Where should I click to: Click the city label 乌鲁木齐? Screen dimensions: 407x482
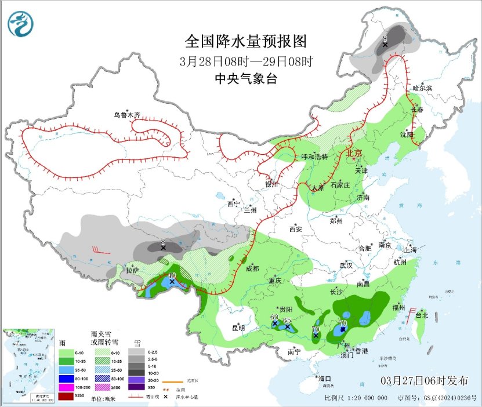coord(126,115)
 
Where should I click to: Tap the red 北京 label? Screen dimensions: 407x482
coord(354,153)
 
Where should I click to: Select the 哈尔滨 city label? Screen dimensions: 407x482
coord(422,88)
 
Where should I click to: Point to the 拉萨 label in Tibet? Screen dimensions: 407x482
coord(132,270)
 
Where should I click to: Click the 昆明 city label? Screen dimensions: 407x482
coord(238,328)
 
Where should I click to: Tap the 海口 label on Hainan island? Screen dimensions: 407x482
coord(324,379)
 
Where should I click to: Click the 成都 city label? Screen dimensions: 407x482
coord(252,268)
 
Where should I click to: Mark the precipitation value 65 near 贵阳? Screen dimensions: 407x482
coord(287,320)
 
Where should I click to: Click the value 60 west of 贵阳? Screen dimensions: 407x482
coord(274,317)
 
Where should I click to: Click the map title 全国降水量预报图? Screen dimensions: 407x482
coord(245,41)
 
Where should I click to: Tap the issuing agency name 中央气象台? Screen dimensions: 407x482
coord(245,79)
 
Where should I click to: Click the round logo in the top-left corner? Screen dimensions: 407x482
coord(20,24)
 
